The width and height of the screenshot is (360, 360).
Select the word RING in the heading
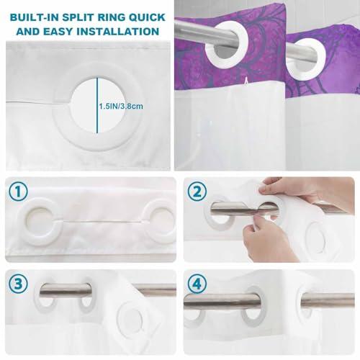(x=112, y=17)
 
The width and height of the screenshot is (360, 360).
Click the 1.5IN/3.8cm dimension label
(x=121, y=106)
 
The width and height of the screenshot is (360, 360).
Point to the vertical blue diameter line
(x=97, y=105)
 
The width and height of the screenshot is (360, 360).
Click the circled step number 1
(x=19, y=192)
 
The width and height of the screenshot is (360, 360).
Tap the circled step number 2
(x=197, y=192)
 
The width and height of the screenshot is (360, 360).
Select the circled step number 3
(x=18, y=284)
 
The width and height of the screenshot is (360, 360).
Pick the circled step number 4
(x=197, y=284)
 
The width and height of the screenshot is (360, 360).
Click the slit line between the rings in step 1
(x=104, y=221)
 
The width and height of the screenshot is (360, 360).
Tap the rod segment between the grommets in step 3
(x=66, y=289)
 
